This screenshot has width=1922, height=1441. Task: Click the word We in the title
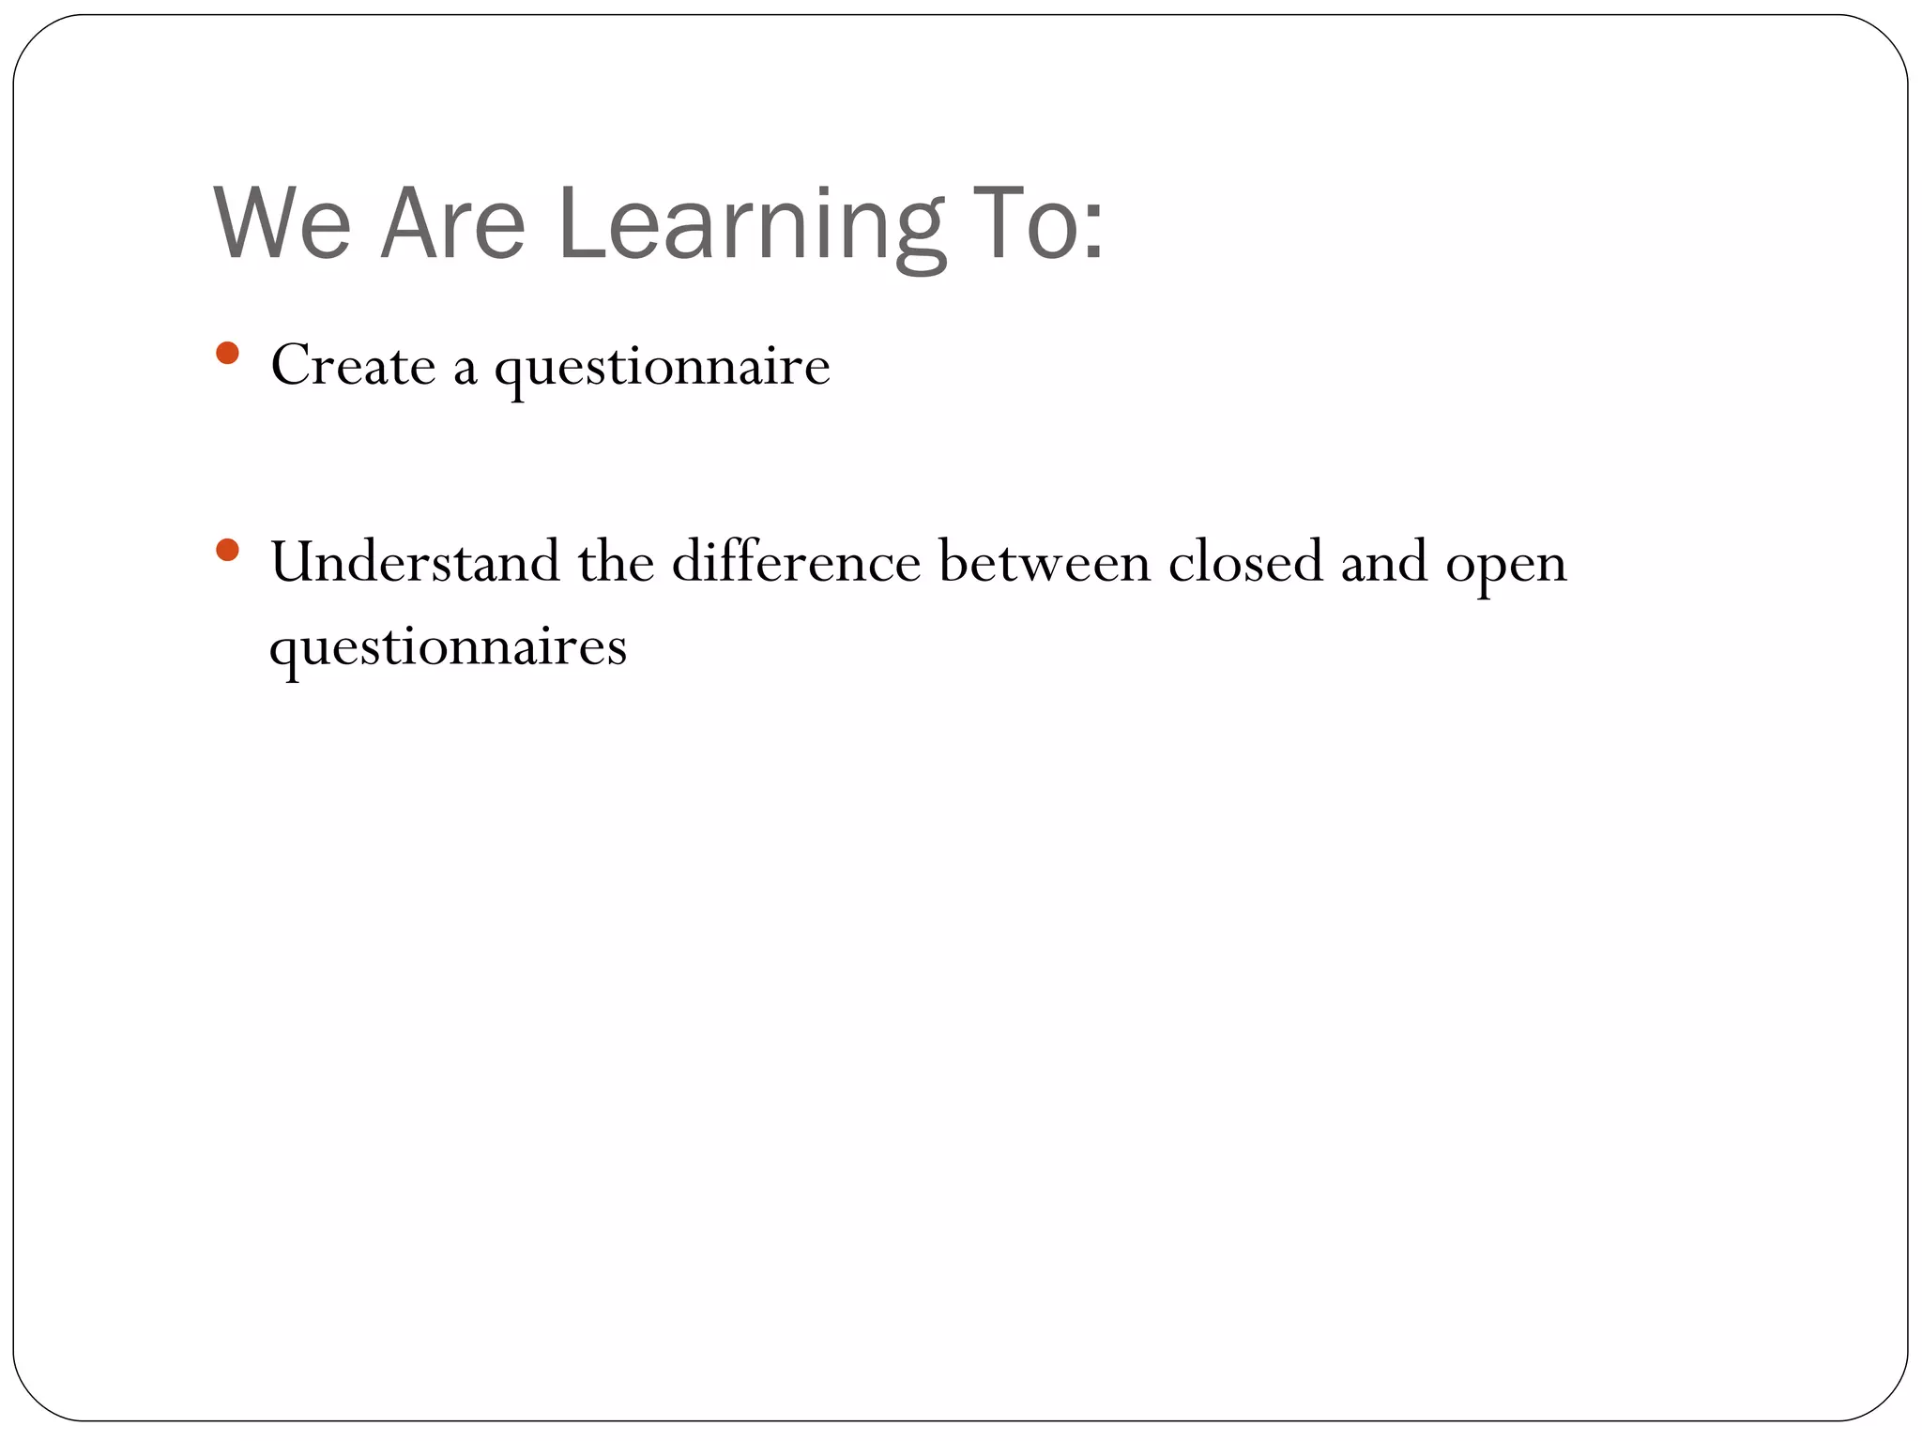(282, 225)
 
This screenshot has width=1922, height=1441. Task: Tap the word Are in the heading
(452, 225)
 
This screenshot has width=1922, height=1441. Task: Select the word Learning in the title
(751, 225)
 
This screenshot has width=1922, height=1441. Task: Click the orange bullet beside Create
(227, 354)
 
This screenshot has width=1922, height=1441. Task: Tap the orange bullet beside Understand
(227, 550)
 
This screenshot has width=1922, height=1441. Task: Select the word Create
(353, 365)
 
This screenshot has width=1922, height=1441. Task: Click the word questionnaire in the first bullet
(662, 368)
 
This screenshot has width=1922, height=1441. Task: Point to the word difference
(796, 562)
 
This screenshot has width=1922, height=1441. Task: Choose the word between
(1044, 562)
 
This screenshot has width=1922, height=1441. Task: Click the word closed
(1244, 562)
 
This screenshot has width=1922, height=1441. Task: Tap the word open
(1505, 567)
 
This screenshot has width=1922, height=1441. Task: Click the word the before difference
(616, 562)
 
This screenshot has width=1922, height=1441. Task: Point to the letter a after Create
(465, 370)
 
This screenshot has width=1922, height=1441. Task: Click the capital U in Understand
(292, 562)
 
